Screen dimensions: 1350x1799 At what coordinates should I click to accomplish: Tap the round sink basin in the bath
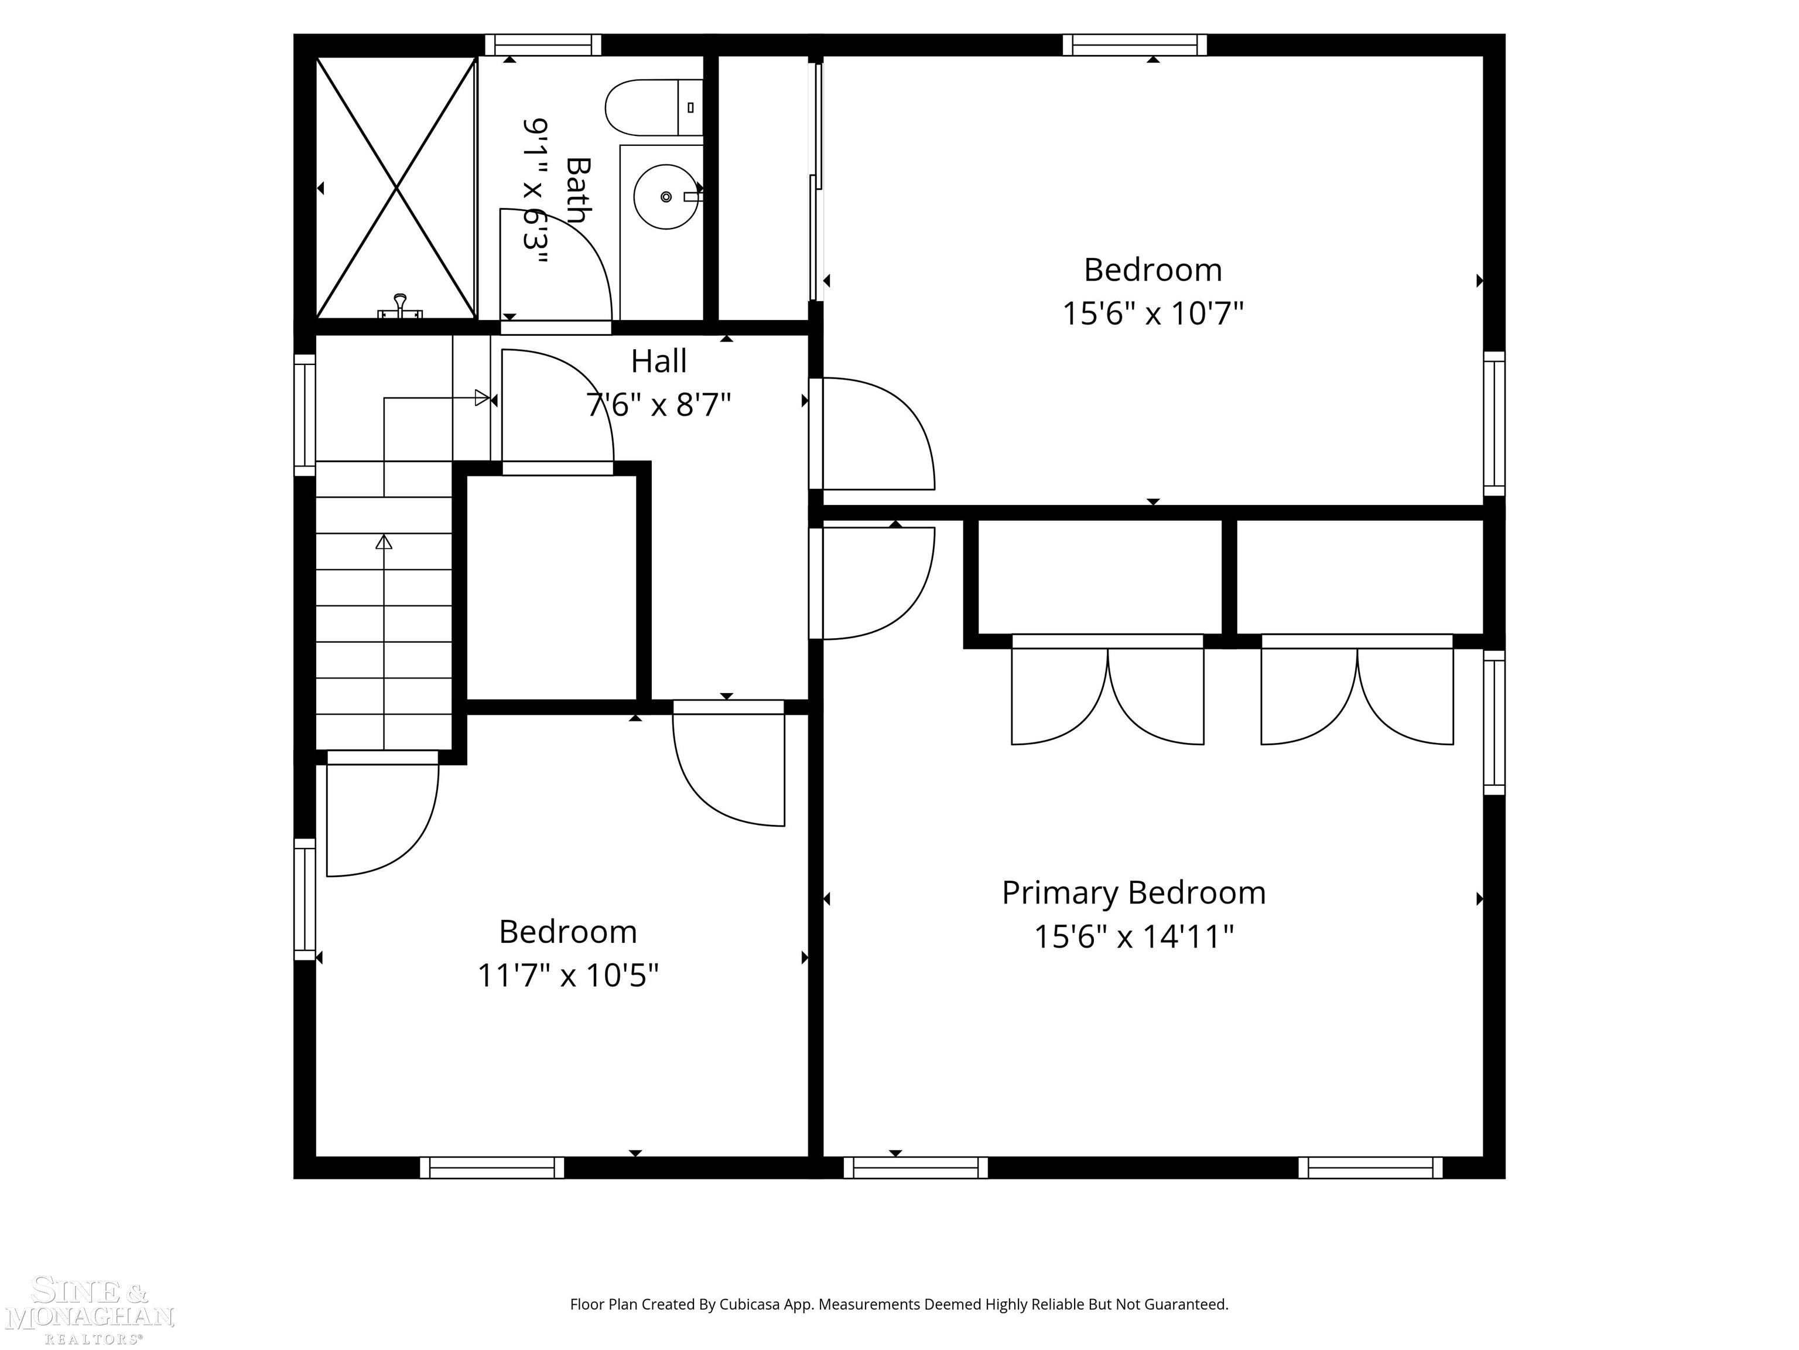tap(665, 196)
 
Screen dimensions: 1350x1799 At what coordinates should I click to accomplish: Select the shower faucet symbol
tap(399, 308)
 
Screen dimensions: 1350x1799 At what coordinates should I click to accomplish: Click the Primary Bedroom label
tap(1133, 893)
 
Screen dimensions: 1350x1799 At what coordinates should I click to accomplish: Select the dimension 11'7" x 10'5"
tap(567, 975)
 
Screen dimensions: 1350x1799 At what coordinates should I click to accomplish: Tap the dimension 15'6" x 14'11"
tap(1133, 936)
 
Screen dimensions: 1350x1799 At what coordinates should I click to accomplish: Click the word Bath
tap(577, 190)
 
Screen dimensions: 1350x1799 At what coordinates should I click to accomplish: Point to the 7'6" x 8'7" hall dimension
tap(658, 404)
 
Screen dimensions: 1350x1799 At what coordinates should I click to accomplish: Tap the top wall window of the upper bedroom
tap(1134, 45)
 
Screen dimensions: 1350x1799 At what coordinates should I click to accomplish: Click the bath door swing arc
tap(569, 260)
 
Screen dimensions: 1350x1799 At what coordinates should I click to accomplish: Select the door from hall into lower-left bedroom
tap(728, 765)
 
